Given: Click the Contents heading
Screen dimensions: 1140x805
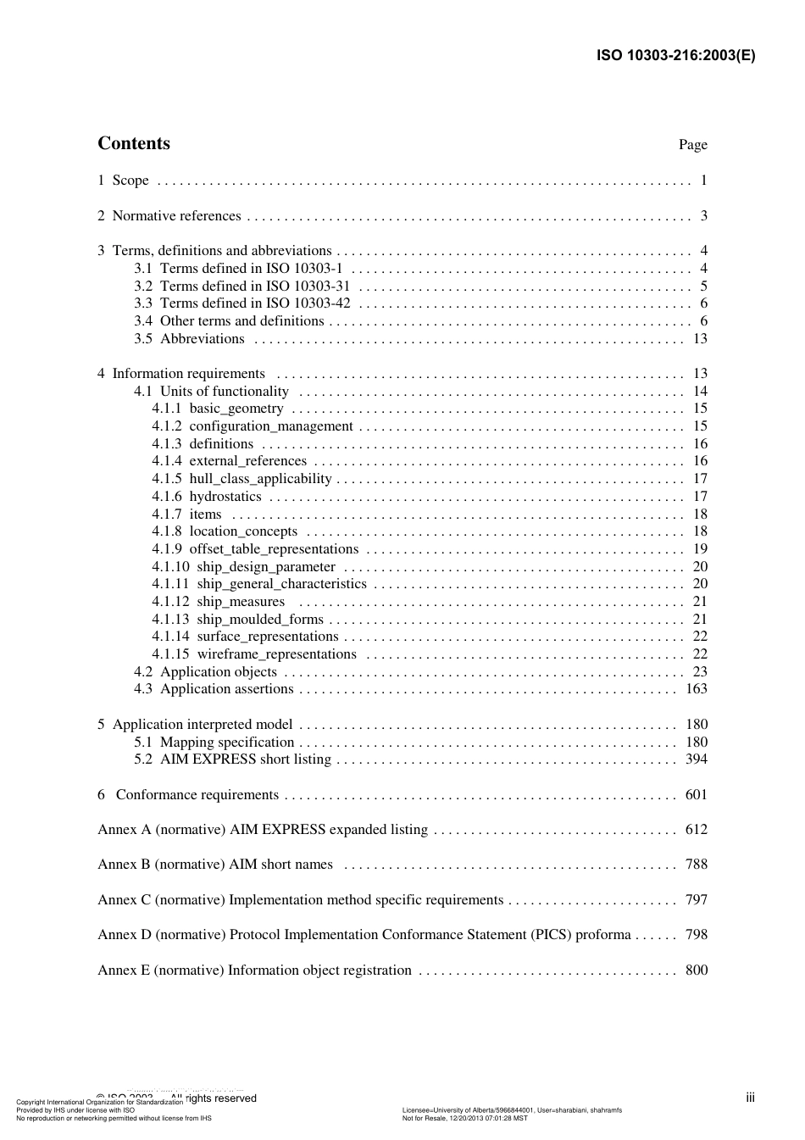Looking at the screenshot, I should (134, 143).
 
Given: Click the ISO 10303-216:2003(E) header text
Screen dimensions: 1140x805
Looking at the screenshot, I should (675, 56).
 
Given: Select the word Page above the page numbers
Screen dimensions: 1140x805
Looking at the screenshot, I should (692, 145).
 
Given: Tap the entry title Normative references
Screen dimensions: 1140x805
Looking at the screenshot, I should (176, 216).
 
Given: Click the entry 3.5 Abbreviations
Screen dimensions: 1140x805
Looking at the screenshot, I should (189, 339).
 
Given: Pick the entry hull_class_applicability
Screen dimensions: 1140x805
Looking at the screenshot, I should (260, 479).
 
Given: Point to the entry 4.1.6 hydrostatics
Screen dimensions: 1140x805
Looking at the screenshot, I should (207, 497).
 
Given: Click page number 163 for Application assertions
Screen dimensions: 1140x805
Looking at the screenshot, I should (696, 689).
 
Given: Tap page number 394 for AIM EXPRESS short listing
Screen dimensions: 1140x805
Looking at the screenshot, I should (696, 759).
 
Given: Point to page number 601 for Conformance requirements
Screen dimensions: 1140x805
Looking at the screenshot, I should (696, 795).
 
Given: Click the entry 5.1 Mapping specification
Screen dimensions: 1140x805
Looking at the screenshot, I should (214, 742).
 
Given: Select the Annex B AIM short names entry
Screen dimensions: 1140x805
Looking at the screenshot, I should (215, 865).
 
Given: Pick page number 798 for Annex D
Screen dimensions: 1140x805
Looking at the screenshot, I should (696, 935).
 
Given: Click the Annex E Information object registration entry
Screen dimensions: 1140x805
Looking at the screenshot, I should (254, 970).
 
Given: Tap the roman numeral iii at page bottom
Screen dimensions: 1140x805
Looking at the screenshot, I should (750, 1098).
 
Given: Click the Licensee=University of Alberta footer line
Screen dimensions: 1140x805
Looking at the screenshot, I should (512, 1110).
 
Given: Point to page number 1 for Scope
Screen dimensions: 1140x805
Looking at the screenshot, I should (703, 181).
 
